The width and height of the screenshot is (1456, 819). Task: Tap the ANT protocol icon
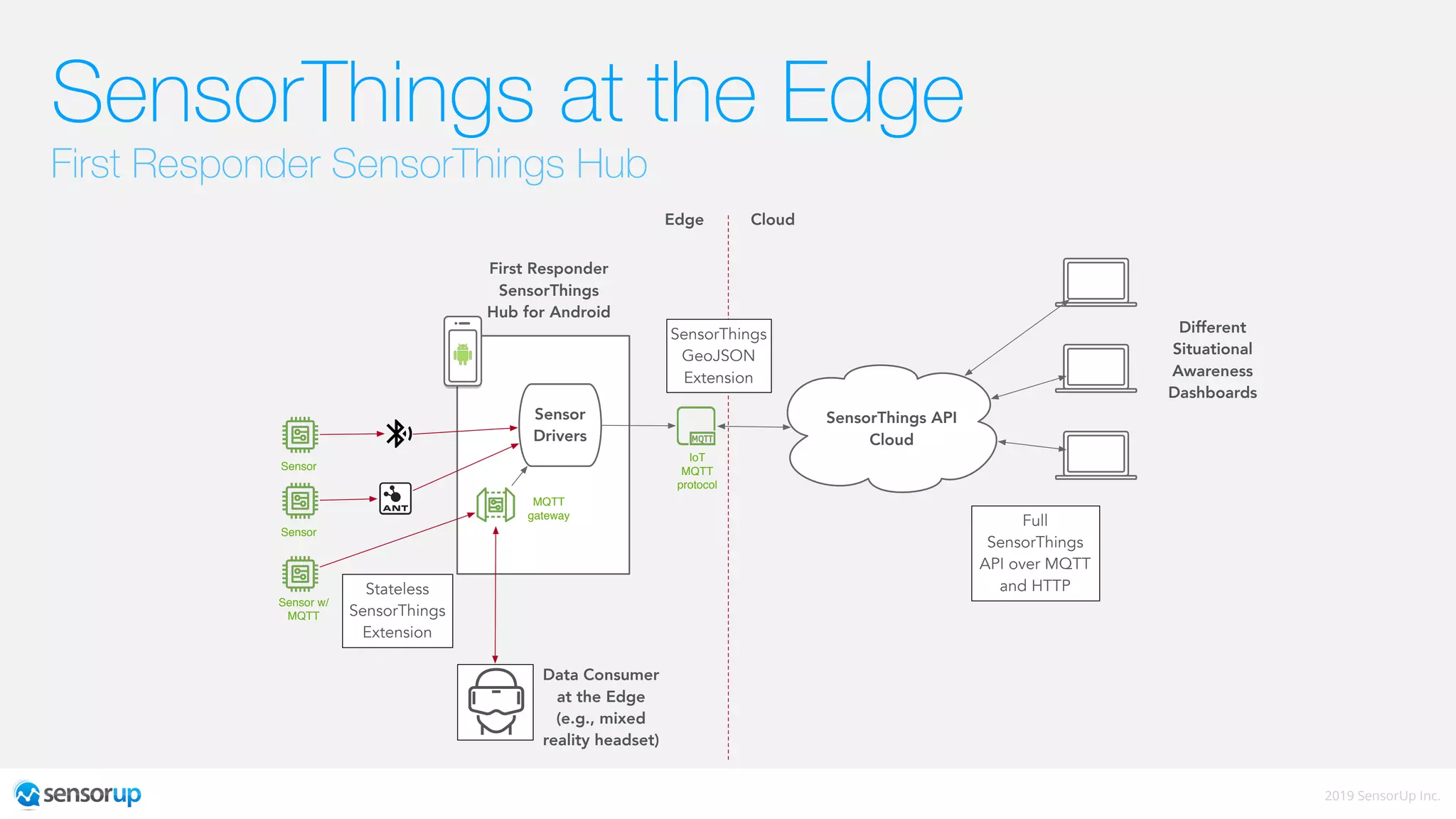click(x=395, y=498)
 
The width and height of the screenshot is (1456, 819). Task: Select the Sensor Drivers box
click(x=560, y=425)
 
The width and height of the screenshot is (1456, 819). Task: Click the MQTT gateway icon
click(x=496, y=505)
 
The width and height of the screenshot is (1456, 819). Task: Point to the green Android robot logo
click(x=463, y=353)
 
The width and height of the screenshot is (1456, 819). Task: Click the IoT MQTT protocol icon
click(x=696, y=426)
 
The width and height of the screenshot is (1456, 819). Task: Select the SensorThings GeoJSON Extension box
click(x=718, y=355)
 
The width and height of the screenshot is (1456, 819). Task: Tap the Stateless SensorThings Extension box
click(x=397, y=611)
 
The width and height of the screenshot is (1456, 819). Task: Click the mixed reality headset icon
click(x=496, y=702)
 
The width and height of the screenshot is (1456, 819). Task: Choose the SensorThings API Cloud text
click(x=891, y=428)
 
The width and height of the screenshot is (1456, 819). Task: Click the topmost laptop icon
click(x=1096, y=282)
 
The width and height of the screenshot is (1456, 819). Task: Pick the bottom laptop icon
click(x=1096, y=455)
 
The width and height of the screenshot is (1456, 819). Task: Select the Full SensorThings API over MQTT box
click(x=1034, y=553)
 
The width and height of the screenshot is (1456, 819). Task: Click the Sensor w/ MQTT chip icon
click(x=300, y=574)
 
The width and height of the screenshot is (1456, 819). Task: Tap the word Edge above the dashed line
click(x=684, y=220)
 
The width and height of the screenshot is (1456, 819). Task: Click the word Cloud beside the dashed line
click(x=772, y=220)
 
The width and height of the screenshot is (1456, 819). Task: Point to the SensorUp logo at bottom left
click(x=78, y=794)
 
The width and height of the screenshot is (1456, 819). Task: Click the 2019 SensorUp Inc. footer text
click(x=1381, y=796)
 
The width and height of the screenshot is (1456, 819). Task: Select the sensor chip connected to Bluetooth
click(x=300, y=434)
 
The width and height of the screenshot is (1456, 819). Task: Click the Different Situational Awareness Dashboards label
click(x=1212, y=360)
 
